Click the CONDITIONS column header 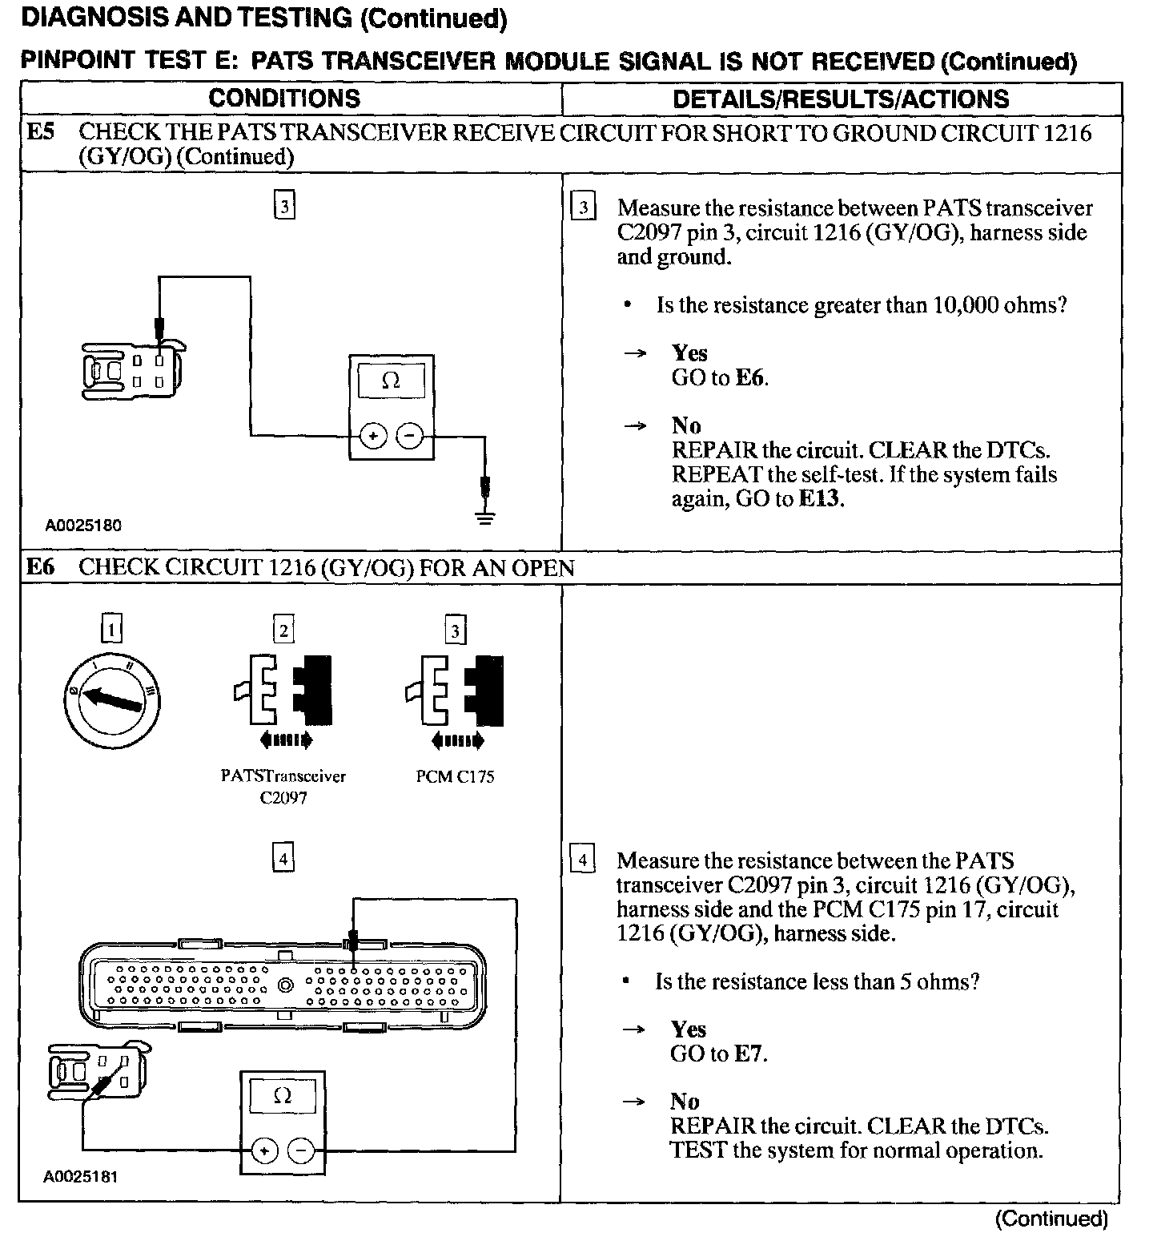coord(284,99)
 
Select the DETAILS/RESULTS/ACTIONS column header coord(841,99)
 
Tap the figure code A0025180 coord(83,526)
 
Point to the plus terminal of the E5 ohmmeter coord(373,437)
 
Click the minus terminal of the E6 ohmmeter coord(302,1151)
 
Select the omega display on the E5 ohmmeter coord(391,380)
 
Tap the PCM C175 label coord(455,777)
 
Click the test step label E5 coord(40,132)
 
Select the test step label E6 coord(40,568)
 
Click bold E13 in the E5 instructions coord(822,499)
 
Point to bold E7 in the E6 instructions coord(749,1054)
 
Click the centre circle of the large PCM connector coord(285,985)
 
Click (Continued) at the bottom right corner coord(1051,1219)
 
